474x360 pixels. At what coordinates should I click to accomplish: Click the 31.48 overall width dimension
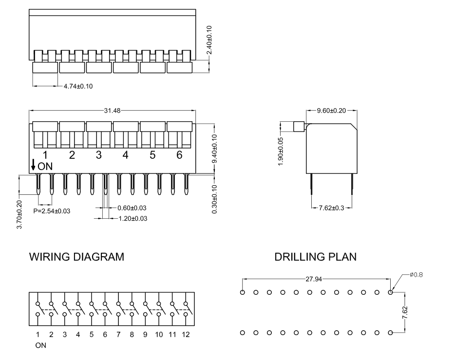coord(112,111)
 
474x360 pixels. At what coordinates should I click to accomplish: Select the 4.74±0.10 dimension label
coord(78,87)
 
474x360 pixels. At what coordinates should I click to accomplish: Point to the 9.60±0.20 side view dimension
coord(331,111)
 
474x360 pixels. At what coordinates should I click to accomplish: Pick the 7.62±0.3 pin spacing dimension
coord(331,208)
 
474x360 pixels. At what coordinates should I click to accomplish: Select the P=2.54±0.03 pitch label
coord(52,211)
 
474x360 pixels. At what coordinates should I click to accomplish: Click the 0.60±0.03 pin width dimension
coord(132,208)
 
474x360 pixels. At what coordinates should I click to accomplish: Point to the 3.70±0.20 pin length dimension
coord(19,215)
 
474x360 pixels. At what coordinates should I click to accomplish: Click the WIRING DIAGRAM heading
coord(77,257)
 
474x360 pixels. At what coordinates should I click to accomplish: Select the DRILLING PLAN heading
coord(315,257)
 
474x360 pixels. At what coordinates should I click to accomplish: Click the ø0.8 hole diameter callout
coord(416,275)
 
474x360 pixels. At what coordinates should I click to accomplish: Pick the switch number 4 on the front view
coord(126,155)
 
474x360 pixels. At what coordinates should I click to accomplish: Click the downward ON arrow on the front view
coord(33,165)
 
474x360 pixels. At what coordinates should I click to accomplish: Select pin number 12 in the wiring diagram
coord(186,335)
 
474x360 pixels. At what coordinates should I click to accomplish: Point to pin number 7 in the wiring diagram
coord(118,335)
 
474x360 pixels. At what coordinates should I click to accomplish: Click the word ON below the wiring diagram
coord(41,345)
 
